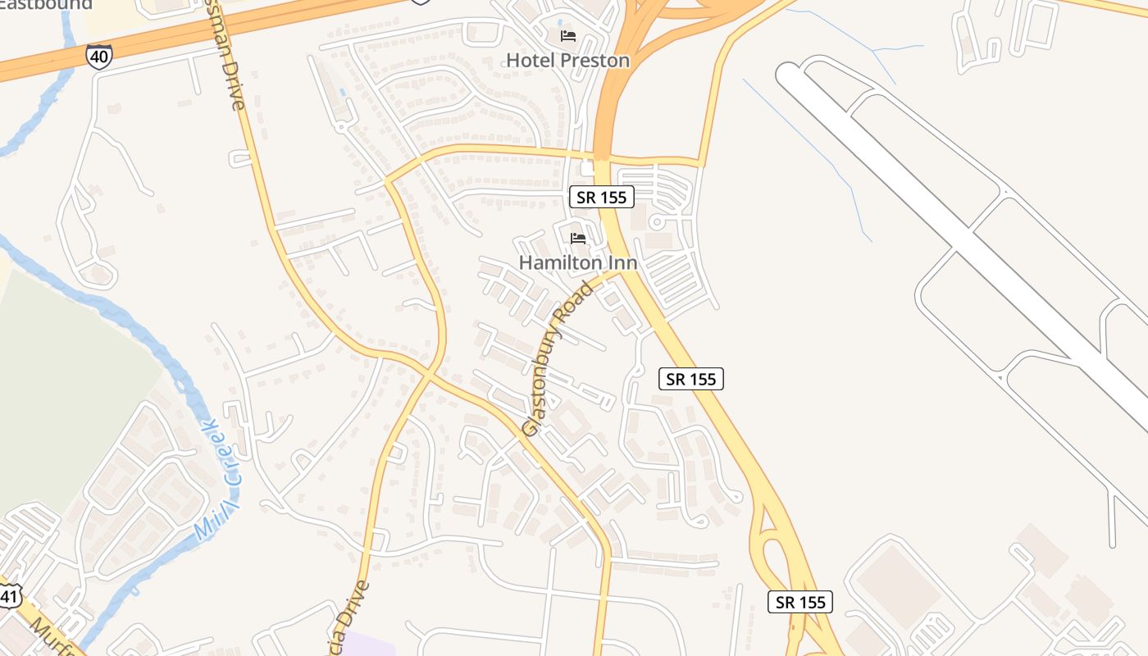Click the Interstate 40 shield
pos(98,56)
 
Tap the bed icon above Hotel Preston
pos(567,36)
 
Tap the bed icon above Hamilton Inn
pos(578,239)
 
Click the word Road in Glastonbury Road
pos(581,301)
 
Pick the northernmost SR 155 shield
pos(602,197)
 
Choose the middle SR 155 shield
pos(691,379)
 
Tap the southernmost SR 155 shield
pos(801,602)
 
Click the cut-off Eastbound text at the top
pos(45,5)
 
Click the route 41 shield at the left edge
pos(8,595)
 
